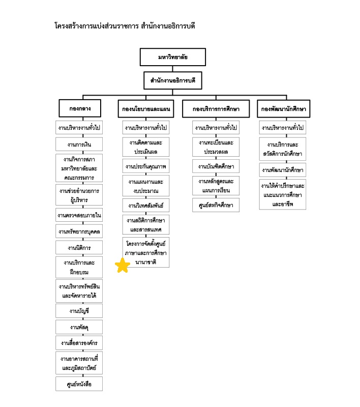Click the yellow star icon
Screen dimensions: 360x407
click(123, 265)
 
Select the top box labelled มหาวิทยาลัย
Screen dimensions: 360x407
click(173, 57)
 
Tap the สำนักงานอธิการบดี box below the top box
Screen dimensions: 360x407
click(173, 80)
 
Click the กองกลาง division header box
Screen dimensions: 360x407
click(80, 108)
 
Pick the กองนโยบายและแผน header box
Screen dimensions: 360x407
click(146, 109)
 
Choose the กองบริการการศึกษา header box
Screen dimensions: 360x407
click(216, 109)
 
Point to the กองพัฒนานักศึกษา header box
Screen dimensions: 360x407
click(284, 109)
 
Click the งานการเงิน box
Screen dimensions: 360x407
click(79, 144)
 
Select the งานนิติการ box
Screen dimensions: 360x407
click(79, 248)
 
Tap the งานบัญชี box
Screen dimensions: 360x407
click(79, 311)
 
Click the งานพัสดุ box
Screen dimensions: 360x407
click(79, 327)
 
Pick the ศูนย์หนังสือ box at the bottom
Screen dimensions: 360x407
click(79, 384)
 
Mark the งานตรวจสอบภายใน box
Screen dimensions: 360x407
click(79, 215)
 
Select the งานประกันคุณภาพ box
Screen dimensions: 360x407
click(146, 166)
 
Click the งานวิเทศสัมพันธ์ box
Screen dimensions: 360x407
click(146, 206)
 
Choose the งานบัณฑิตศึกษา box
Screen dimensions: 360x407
click(216, 166)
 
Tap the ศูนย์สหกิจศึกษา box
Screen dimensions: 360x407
click(216, 205)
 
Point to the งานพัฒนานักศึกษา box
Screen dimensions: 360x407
click(283, 170)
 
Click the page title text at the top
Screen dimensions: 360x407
click(125, 26)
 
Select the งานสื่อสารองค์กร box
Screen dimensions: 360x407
click(79, 343)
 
